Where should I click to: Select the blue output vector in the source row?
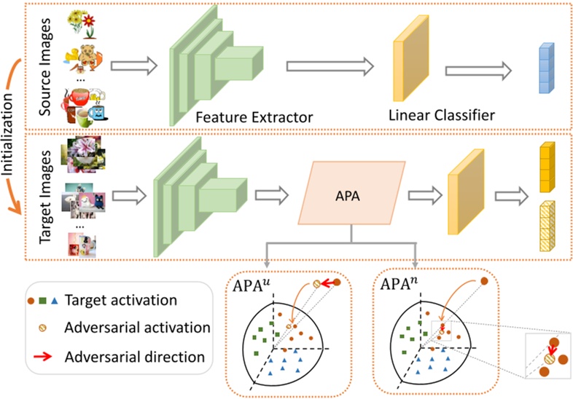546,69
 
